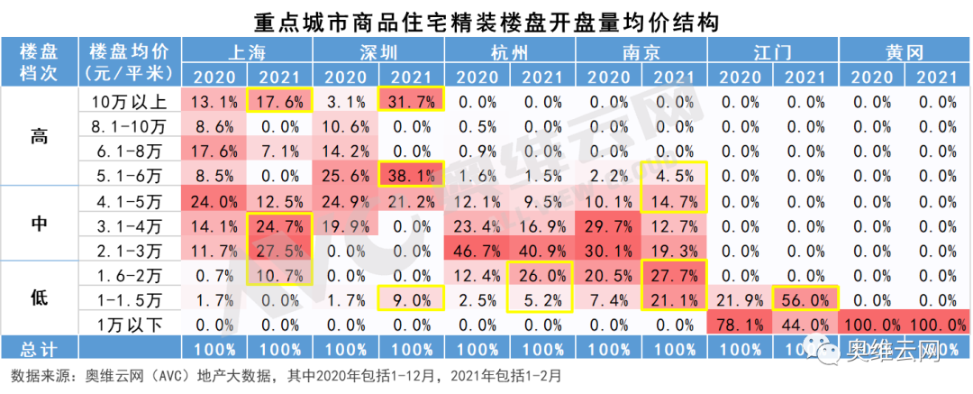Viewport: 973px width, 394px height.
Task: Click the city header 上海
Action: (x=248, y=50)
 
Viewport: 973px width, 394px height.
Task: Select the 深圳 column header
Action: (x=378, y=50)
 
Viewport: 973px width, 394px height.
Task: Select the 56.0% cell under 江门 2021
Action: (x=806, y=298)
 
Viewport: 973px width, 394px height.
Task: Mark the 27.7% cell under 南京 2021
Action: (x=675, y=274)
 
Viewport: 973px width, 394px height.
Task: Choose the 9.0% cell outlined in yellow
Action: (x=412, y=298)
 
